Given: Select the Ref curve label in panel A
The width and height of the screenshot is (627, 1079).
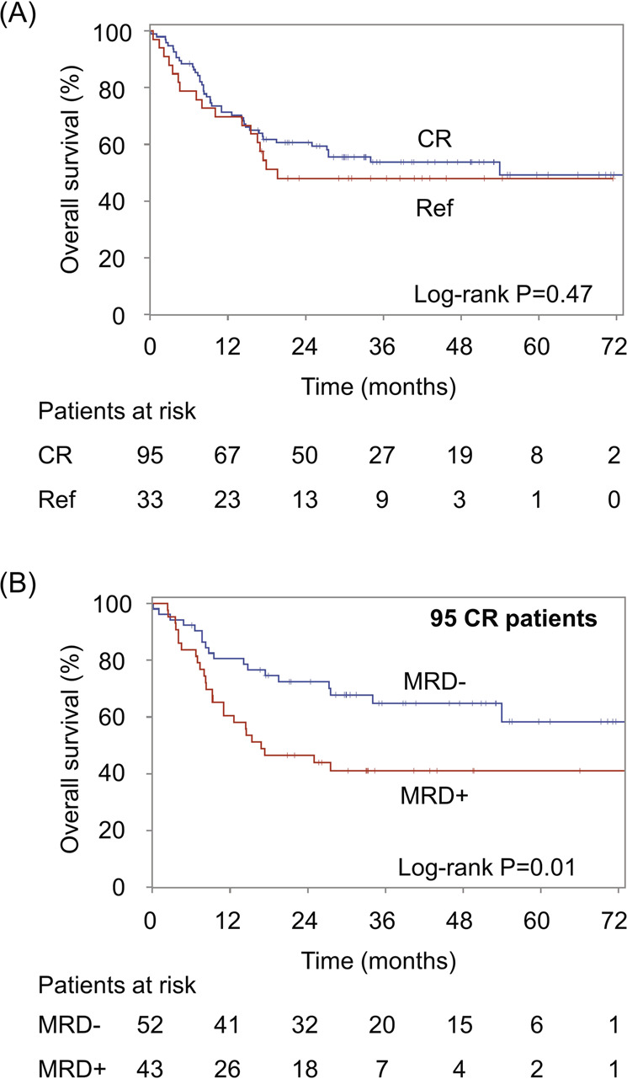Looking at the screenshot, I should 434,208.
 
